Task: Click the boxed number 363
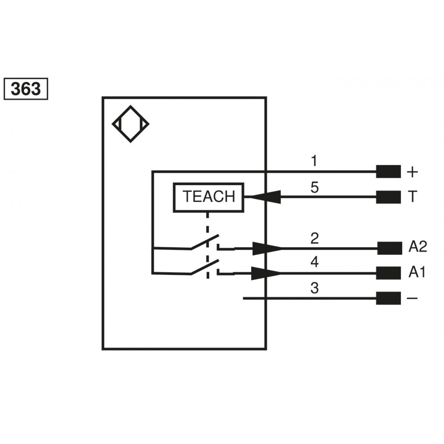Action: (x=25, y=89)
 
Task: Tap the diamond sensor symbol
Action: (x=130, y=124)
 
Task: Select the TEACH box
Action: (x=209, y=196)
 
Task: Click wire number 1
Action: (x=314, y=161)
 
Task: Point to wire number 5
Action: (x=314, y=187)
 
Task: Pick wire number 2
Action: (x=314, y=239)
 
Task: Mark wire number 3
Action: (x=314, y=289)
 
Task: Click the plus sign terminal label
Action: (x=412, y=172)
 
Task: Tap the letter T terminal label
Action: (x=412, y=197)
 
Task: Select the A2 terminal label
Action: (x=417, y=247)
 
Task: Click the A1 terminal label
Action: (x=417, y=273)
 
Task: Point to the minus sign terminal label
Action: (x=412, y=298)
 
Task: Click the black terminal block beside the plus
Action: (x=388, y=171)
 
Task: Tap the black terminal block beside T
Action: (x=388, y=197)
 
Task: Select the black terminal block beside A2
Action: (x=389, y=248)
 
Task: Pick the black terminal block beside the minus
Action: (x=388, y=298)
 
